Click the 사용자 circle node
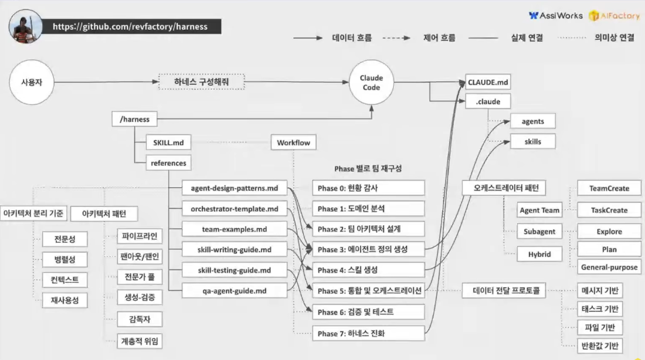(x=32, y=83)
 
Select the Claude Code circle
(x=371, y=83)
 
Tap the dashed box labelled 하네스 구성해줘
(x=201, y=81)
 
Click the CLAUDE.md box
(x=488, y=81)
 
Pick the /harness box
(x=134, y=119)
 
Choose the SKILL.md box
(x=169, y=142)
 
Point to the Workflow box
(x=293, y=142)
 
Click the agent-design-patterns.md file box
(x=234, y=188)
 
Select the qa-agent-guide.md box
(x=234, y=290)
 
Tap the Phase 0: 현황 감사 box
(x=368, y=188)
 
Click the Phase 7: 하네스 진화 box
(x=368, y=334)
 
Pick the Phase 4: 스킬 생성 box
(x=368, y=270)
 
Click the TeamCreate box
(x=609, y=188)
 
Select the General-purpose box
(x=609, y=267)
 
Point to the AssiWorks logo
(x=555, y=16)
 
